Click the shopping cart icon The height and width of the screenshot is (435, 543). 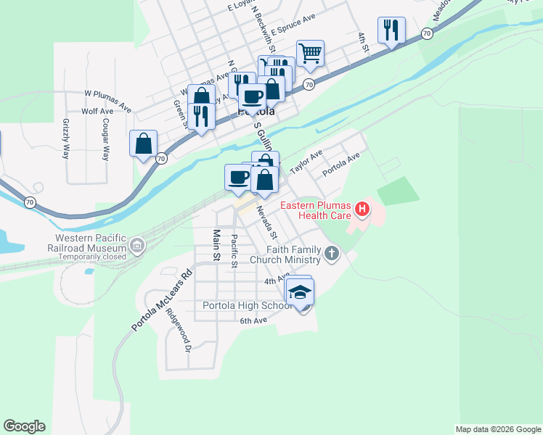(310, 52)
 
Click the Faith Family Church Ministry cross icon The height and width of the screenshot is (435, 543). (332, 254)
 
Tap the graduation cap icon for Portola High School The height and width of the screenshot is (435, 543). (300, 291)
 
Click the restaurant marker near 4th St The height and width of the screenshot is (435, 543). (391, 30)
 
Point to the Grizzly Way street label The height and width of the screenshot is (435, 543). (66, 139)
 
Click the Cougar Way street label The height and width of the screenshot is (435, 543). (106, 139)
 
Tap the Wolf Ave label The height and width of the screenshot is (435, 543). (97, 111)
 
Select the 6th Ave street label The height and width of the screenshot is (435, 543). (254, 320)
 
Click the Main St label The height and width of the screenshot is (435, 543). (216, 245)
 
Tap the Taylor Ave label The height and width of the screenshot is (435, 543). (306, 163)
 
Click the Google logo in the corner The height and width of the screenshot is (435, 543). (24, 426)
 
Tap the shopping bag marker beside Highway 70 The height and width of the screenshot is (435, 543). (144, 142)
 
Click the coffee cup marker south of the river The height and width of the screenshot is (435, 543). (238, 177)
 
